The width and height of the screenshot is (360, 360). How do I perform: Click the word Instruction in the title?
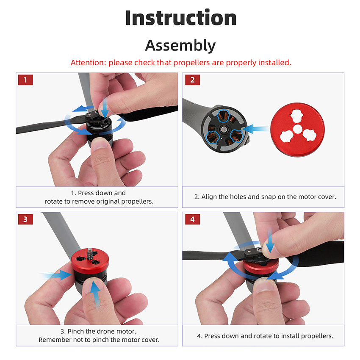(181, 18)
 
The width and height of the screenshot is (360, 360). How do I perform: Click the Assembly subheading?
(180, 45)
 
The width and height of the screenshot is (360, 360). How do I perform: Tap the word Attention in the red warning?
(87, 62)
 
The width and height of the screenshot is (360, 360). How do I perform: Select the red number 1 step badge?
(25, 80)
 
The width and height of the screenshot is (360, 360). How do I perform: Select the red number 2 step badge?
(192, 80)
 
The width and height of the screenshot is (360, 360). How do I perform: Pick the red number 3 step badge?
(25, 219)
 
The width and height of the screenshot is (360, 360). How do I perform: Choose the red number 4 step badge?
(192, 219)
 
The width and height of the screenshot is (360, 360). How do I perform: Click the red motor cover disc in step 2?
(298, 130)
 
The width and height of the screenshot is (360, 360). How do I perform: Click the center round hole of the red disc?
(298, 129)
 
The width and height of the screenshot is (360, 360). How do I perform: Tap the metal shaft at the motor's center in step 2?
(223, 130)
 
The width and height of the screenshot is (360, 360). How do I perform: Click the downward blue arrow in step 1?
(105, 108)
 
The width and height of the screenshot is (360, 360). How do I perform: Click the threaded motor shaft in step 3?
(89, 253)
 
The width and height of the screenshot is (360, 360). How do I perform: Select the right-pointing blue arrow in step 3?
(55, 275)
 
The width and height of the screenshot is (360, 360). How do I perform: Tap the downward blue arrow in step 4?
(270, 241)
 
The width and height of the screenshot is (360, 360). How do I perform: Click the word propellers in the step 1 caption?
(137, 201)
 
